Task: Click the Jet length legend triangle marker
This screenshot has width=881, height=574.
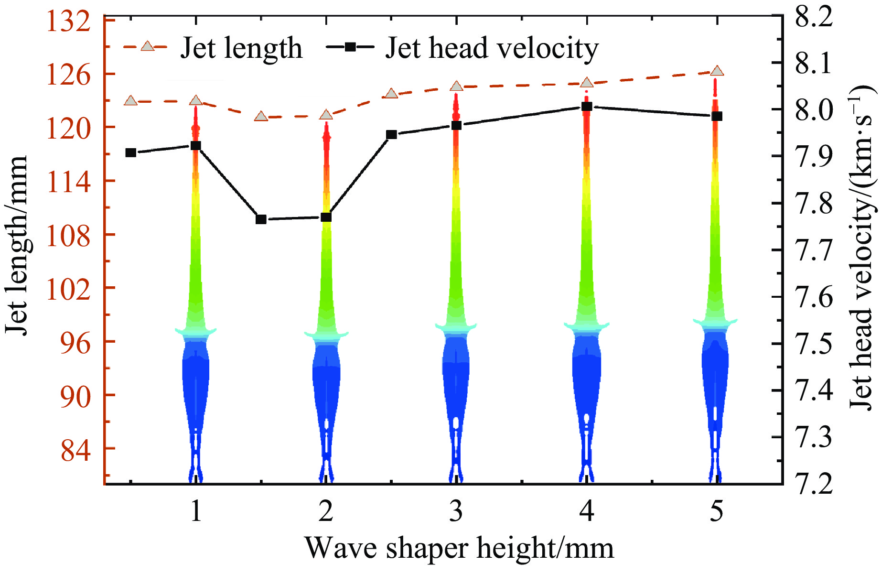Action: (x=147, y=46)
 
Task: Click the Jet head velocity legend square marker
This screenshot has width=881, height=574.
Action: (x=350, y=47)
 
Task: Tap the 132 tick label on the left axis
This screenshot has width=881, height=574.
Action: (x=68, y=22)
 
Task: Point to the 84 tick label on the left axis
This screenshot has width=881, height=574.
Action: (x=75, y=449)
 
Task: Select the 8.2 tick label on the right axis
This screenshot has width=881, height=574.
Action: (x=814, y=16)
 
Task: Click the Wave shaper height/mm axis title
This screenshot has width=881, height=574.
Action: (x=459, y=548)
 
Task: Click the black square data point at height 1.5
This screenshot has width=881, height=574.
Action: (x=261, y=219)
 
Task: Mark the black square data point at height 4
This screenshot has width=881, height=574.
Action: (x=587, y=107)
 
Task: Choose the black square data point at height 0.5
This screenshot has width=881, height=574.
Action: (x=130, y=153)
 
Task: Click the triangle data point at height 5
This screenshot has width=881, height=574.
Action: (x=717, y=71)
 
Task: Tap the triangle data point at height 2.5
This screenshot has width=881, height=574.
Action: (x=391, y=94)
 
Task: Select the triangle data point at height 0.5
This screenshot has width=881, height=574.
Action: (x=130, y=101)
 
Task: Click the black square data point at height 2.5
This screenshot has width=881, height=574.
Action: (x=391, y=135)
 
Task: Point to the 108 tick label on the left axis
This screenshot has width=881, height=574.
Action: (x=68, y=235)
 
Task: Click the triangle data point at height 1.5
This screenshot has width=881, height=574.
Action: (x=261, y=116)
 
